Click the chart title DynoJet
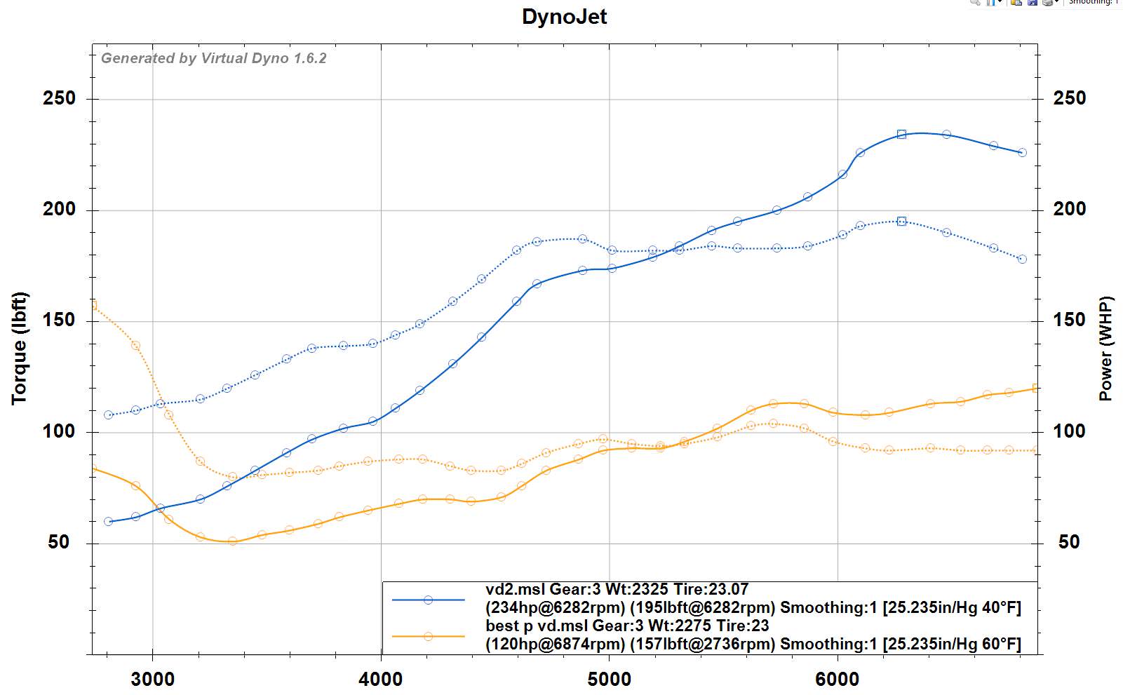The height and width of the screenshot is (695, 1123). coord(564,17)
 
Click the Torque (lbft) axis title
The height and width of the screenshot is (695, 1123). coord(20,349)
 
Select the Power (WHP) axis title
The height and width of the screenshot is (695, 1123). coord(1106,349)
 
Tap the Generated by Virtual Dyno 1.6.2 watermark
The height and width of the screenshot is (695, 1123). coord(214,58)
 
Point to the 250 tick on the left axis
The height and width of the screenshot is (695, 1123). coord(59,98)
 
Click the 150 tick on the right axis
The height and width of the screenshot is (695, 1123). coord(1069,320)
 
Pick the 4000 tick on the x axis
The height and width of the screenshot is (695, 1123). coord(381,679)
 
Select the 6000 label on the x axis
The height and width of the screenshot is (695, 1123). coord(838,679)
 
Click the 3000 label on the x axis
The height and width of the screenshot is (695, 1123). coord(153,679)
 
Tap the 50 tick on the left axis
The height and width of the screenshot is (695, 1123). coord(59,542)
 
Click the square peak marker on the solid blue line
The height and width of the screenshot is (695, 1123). coord(902,135)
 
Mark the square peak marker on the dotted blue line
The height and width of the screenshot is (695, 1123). coord(902,222)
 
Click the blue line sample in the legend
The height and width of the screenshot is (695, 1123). coord(428,600)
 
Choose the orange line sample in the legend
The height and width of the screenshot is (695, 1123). coord(428,636)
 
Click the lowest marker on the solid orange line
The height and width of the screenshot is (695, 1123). coord(232,541)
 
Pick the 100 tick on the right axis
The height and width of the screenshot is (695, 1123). coord(1069,431)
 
